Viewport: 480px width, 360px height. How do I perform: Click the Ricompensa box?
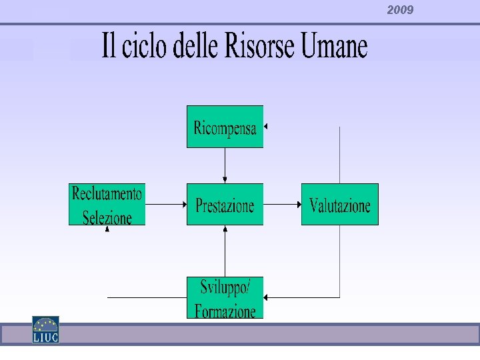[x=225, y=127]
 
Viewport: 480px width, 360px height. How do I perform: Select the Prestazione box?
[x=225, y=205]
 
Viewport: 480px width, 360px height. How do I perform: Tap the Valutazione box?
[x=339, y=205]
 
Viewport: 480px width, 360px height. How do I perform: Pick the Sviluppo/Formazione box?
[x=225, y=297]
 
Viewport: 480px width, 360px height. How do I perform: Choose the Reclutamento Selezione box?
[x=107, y=205]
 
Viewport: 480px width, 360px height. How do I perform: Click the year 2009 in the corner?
[x=400, y=10]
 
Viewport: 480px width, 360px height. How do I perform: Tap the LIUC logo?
[x=46, y=329]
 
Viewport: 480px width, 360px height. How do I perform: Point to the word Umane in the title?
[x=333, y=47]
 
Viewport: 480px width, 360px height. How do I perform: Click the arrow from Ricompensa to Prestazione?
[x=225, y=165]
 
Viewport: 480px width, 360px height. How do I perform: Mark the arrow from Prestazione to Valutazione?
[x=282, y=205]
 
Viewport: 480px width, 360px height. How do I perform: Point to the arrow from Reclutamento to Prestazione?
[x=165, y=205]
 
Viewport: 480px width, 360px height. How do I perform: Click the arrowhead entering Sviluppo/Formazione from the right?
[x=266, y=297]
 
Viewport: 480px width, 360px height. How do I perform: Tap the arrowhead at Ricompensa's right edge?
[x=265, y=125]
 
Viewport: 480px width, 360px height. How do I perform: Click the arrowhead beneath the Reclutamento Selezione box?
[x=107, y=228]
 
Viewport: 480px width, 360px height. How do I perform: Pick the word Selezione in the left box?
[x=107, y=217]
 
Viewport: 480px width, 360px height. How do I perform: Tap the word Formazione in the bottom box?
[x=225, y=311]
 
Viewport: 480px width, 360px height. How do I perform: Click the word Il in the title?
[x=108, y=47]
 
